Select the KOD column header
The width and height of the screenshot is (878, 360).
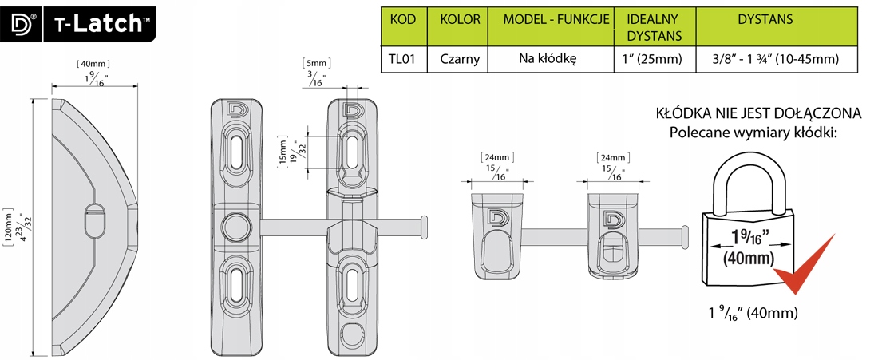pos(404,19)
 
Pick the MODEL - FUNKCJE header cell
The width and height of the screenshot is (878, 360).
pos(551,19)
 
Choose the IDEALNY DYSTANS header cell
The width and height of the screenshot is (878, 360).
pos(654,26)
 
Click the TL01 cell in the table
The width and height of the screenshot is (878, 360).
pos(404,57)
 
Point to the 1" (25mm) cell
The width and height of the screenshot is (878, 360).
pos(654,57)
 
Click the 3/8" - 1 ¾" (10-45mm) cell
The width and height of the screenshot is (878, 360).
pos(775,57)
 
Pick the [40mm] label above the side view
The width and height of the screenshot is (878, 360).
pos(92,63)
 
